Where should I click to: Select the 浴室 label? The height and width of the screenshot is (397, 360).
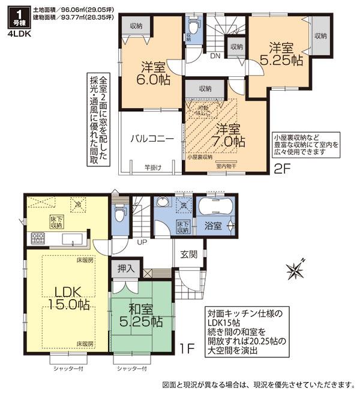coord(211,226)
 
